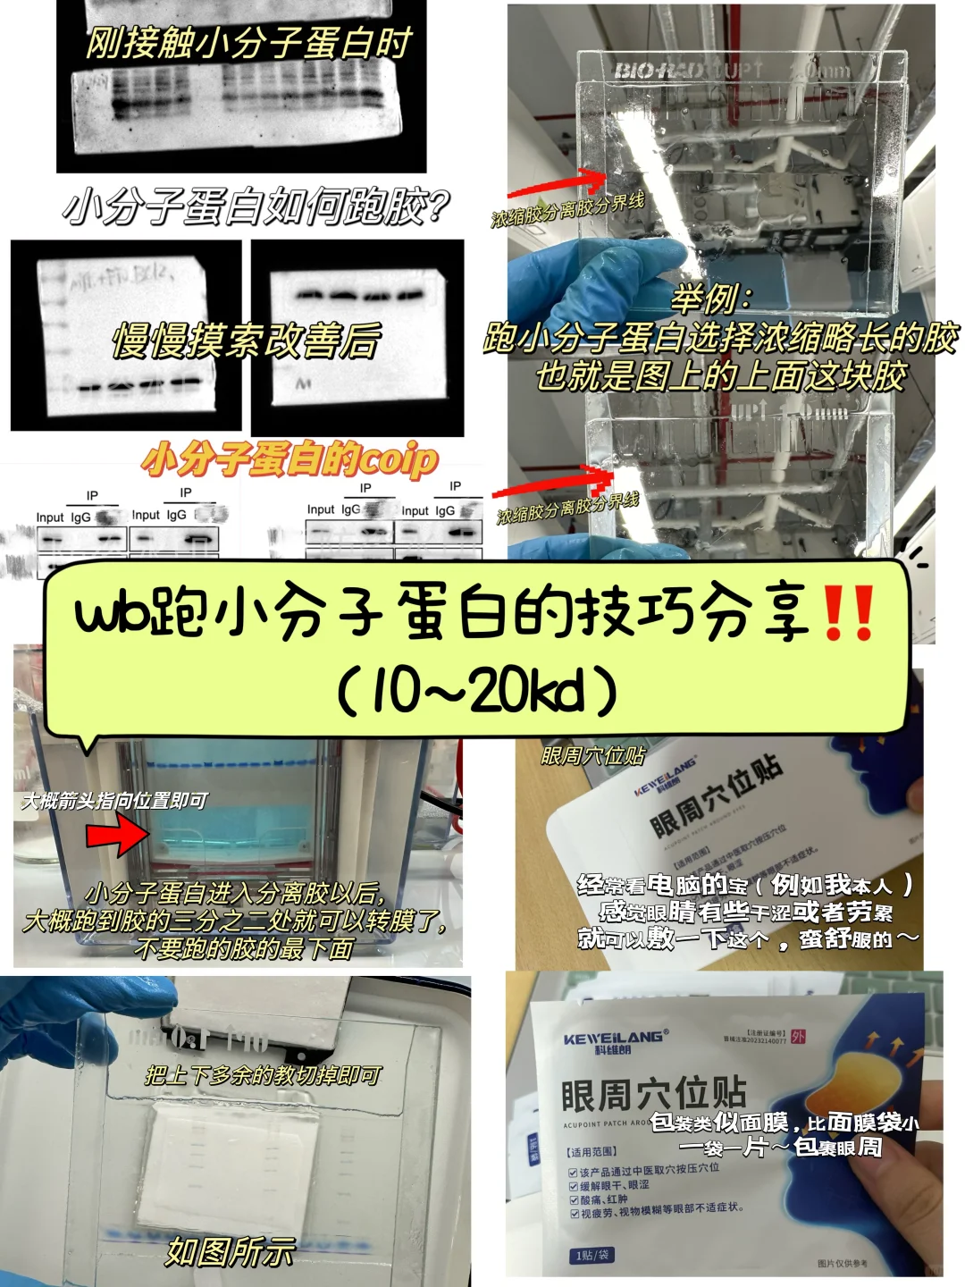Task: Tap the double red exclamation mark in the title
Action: point(848,614)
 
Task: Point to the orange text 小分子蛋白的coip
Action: point(290,460)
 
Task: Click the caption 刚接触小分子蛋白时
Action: point(248,43)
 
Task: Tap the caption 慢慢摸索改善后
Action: point(246,341)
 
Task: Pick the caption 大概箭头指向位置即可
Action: point(114,801)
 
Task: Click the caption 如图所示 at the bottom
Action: point(230,1251)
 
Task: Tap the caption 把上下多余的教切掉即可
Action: point(264,1075)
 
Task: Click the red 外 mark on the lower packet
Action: point(798,1037)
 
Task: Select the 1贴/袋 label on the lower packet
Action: point(592,1256)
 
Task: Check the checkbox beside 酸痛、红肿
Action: point(574,1199)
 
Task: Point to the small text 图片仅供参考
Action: point(841,1263)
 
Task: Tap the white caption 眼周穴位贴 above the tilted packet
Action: point(592,756)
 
